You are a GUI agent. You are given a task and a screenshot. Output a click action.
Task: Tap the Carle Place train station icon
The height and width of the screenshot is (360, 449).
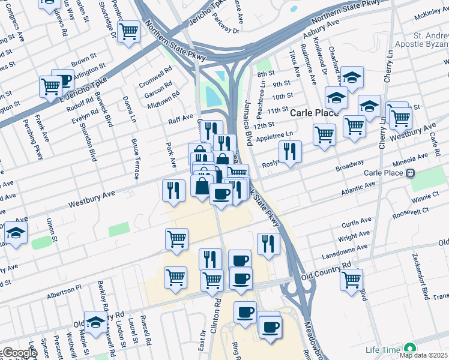[x=411, y=173]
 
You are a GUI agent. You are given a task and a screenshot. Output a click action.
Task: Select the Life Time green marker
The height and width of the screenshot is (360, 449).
[x=410, y=349]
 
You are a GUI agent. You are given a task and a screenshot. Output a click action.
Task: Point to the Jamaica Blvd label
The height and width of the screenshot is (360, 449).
[x=247, y=133]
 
